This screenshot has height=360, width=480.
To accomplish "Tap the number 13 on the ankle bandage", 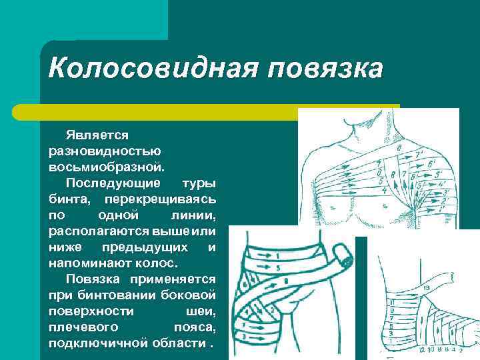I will point(427,287).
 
